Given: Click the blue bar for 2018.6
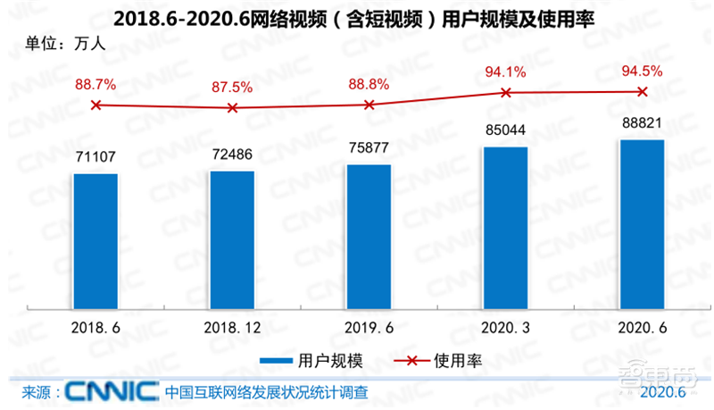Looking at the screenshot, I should pyautogui.click(x=95, y=239).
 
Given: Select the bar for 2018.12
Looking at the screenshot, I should pyautogui.click(x=232, y=238).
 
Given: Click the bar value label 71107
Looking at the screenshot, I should pyautogui.click(x=95, y=157).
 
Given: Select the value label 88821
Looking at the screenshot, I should pyautogui.click(x=642, y=123).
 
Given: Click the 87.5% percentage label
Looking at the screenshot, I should pyautogui.click(x=232, y=88).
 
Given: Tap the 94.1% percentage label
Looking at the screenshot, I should pyautogui.click(x=505, y=71).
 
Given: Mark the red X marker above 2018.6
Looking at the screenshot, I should pyautogui.click(x=95, y=105).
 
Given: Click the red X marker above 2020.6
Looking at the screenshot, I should pyautogui.click(x=642, y=91).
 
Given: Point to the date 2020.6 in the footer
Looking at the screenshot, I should pyautogui.click(x=662, y=393).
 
